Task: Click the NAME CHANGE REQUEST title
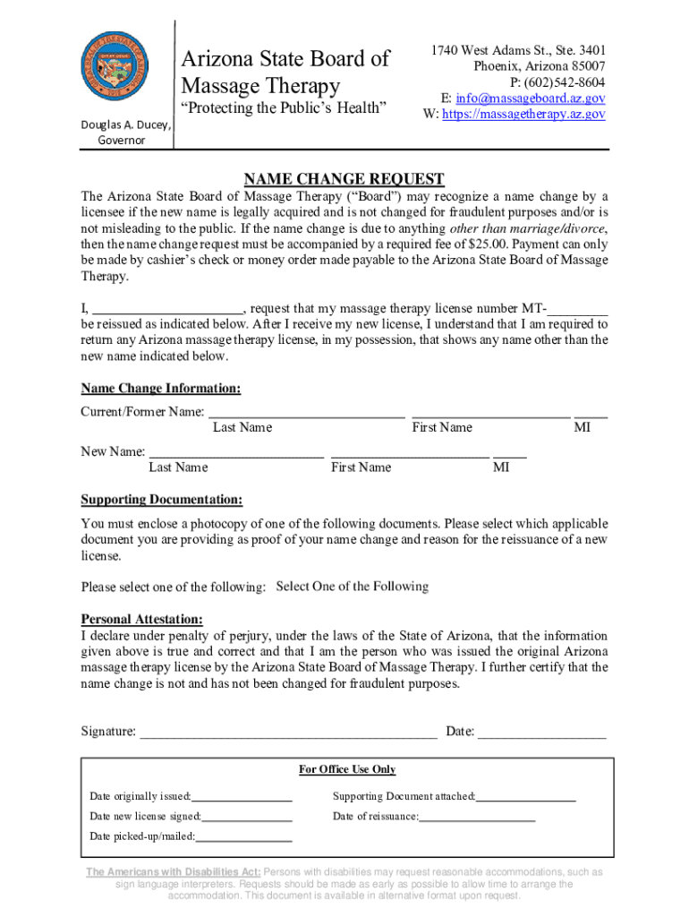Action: click(344, 179)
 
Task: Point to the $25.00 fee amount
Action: click(485, 244)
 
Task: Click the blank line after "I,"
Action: click(168, 308)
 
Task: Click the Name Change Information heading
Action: click(161, 389)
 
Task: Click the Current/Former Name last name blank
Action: click(306, 412)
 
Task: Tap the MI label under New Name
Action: click(501, 467)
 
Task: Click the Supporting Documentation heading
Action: click(161, 500)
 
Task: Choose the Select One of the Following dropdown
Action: click(353, 587)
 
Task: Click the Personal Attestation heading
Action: click(141, 619)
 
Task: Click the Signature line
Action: click(288, 732)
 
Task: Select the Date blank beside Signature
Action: click(542, 732)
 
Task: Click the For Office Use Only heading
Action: click(346, 769)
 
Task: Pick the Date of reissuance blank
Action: click(477, 817)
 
